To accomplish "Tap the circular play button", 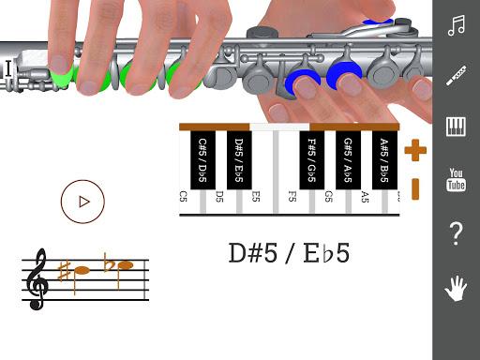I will pyautogui.click(x=82, y=200).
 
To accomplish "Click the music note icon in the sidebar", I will pyautogui.click(x=457, y=25).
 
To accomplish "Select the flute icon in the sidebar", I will pyautogui.click(x=457, y=76).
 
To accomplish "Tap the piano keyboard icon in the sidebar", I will pyautogui.click(x=457, y=127).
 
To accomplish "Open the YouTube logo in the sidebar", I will pyautogui.click(x=457, y=179).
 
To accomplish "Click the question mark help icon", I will pyautogui.click(x=457, y=233).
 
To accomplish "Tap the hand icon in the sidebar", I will pyautogui.click(x=457, y=288).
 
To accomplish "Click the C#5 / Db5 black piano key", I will pyautogui.click(x=202, y=159).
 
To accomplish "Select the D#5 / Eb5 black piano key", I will pyautogui.click(x=238, y=159).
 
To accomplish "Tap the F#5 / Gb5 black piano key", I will pyautogui.click(x=310, y=159).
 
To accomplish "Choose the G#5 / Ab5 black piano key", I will pyautogui.click(x=347, y=159).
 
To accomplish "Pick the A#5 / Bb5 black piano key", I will pyautogui.click(x=383, y=159).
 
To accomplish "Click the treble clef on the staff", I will pyautogui.click(x=38, y=278).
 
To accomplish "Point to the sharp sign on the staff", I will pyautogui.click(x=64, y=271).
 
